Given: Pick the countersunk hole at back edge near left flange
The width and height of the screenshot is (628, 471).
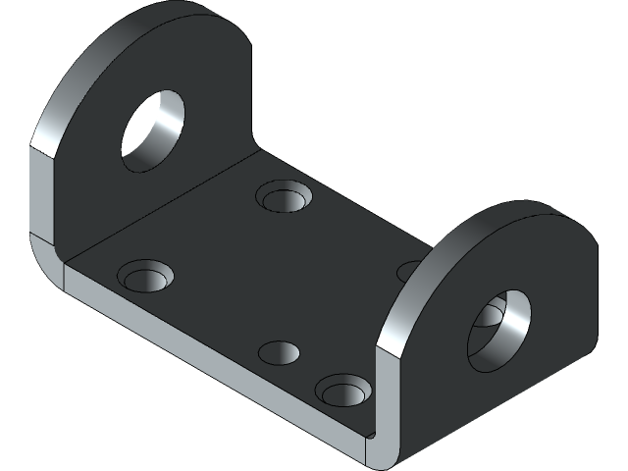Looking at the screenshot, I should (286, 196).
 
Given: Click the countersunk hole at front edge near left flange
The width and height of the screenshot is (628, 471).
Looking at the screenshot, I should (146, 278).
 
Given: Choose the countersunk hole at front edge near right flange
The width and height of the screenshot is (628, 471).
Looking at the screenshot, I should (342, 392).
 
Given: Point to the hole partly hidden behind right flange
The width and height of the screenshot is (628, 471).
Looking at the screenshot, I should (410, 271).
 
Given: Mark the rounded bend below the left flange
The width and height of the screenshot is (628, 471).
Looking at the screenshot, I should (47, 257).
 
